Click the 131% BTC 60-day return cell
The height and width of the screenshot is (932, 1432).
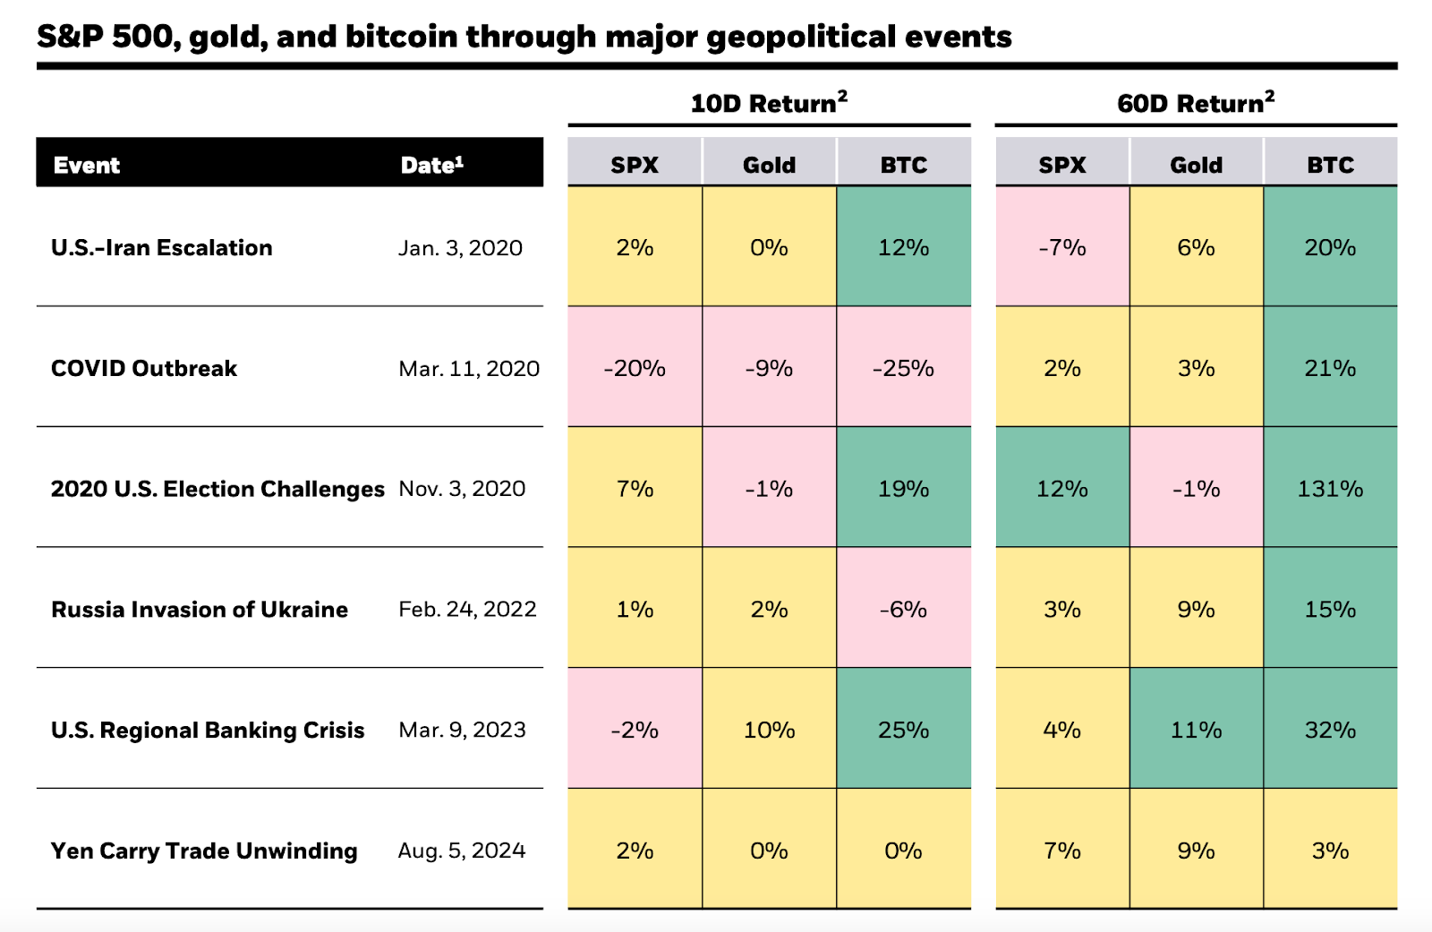coord(1330,489)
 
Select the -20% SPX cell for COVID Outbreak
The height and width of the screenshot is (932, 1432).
coord(635,368)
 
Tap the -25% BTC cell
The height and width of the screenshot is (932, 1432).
coord(903,368)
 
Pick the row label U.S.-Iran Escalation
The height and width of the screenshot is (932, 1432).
coord(162,248)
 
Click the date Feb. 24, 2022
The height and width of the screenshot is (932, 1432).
coord(467,610)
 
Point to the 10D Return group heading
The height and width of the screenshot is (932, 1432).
coord(768,103)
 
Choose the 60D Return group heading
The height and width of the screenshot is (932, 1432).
coord(1195,103)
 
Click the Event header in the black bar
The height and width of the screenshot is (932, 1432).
coord(87,165)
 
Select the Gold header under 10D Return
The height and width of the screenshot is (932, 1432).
coord(769,165)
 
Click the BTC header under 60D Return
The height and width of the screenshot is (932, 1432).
coord(1330,165)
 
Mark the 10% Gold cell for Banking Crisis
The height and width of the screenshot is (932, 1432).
coord(769,730)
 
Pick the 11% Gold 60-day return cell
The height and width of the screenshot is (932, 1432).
coord(1196,730)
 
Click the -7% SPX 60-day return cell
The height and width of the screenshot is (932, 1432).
coord(1061,248)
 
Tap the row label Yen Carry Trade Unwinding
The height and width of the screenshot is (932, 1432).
coord(204,851)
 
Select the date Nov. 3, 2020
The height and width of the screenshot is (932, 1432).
coord(462,489)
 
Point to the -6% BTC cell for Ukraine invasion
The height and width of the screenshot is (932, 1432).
coord(903,610)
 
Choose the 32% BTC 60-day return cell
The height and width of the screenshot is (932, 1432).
coord(1330,730)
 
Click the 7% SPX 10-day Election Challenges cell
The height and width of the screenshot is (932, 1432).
coord(635,489)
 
